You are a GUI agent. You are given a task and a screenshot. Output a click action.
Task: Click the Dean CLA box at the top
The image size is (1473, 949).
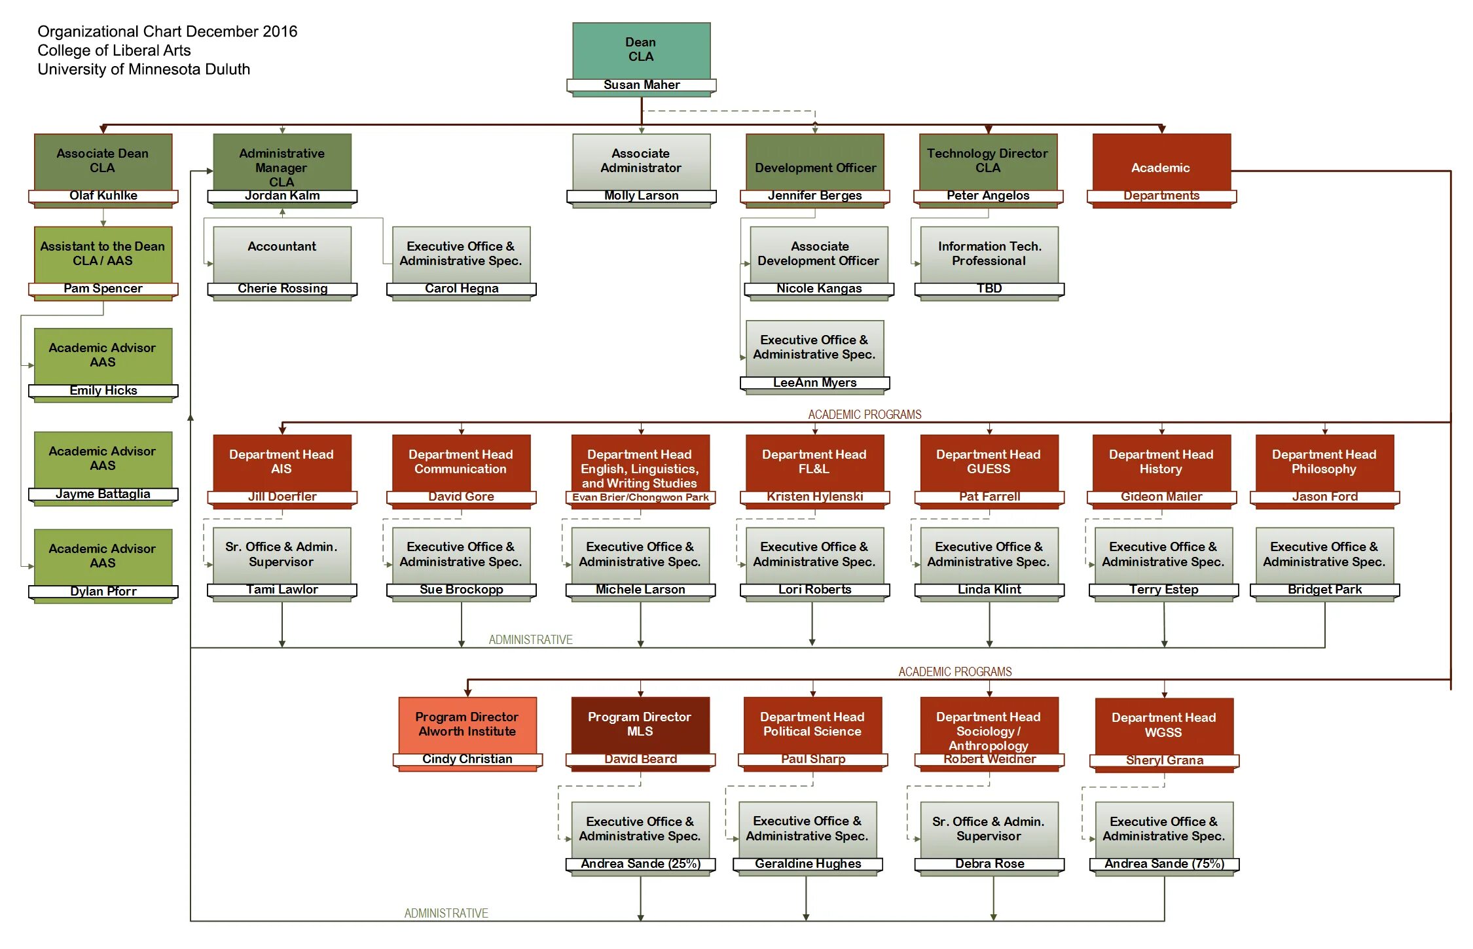(x=641, y=50)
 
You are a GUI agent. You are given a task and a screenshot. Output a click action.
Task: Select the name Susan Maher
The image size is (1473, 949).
(x=642, y=85)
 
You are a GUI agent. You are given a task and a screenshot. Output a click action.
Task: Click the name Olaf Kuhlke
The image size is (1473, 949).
(x=103, y=196)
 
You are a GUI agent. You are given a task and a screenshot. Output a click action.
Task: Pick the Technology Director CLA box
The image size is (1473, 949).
(x=987, y=161)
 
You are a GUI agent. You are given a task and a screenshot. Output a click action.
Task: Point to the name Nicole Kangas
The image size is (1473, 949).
(x=819, y=289)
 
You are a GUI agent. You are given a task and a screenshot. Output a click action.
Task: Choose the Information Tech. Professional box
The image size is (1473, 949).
(x=989, y=254)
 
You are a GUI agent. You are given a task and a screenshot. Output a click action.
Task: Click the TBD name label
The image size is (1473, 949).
(x=989, y=289)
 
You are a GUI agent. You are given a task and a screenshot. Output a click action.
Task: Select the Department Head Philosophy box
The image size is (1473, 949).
(x=1324, y=462)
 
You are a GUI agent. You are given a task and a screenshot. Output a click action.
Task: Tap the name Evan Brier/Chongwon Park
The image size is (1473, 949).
(x=640, y=497)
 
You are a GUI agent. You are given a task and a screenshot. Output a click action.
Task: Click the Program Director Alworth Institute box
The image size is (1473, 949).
(x=467, y=725)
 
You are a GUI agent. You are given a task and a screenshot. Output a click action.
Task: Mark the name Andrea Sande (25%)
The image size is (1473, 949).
(x=640, y=864)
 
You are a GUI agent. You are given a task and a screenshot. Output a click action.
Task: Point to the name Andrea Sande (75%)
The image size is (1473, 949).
(x=1164, y=864)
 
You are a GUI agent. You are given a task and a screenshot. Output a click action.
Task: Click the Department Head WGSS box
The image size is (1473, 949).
(x=1163, y=725)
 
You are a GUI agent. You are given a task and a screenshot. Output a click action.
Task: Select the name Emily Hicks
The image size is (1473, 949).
(x=103, y=391)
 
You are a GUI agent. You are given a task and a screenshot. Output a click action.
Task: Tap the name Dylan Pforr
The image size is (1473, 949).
(x=103, y=592)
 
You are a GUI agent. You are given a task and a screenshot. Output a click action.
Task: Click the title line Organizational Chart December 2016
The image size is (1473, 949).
(x=168, y=31)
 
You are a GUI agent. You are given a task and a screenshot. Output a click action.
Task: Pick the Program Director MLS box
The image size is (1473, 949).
(x=640, y=725)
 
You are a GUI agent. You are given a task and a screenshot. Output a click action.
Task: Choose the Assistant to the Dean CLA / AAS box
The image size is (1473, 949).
(x=103, y=254)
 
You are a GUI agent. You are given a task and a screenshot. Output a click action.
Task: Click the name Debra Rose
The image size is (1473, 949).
(x=989, y=864)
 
